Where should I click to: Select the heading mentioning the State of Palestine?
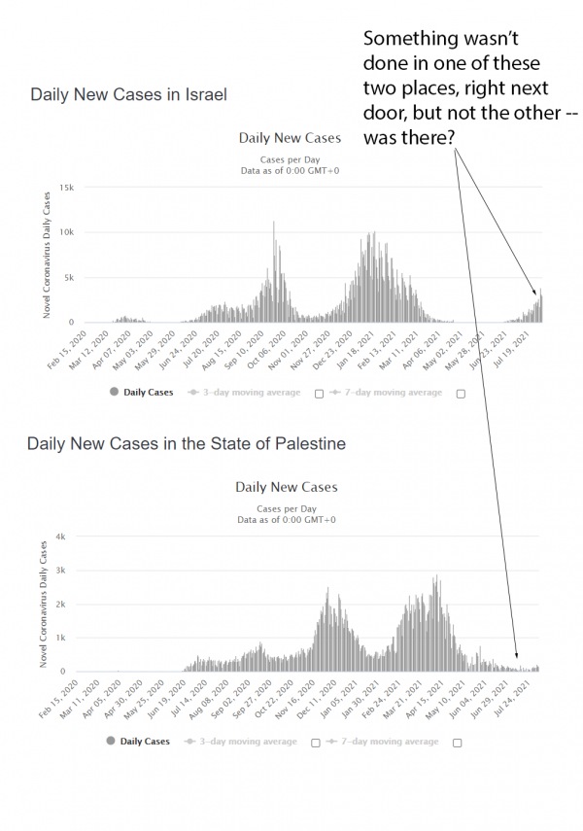pos(186,444)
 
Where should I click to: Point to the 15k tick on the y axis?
pos(66,187)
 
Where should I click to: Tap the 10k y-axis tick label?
pos(66,232)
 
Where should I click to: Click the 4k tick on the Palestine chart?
pos(60,537)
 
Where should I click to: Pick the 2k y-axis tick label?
pos(60,604)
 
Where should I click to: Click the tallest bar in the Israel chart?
pos(273,223)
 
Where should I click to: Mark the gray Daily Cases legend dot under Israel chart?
pos(114,392)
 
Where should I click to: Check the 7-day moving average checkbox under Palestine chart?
pos(457,742)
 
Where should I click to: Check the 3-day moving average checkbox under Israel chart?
pos(319,393)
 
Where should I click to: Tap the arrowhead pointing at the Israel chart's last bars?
pos(534,292)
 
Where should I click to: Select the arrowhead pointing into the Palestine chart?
pos(516,659)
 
